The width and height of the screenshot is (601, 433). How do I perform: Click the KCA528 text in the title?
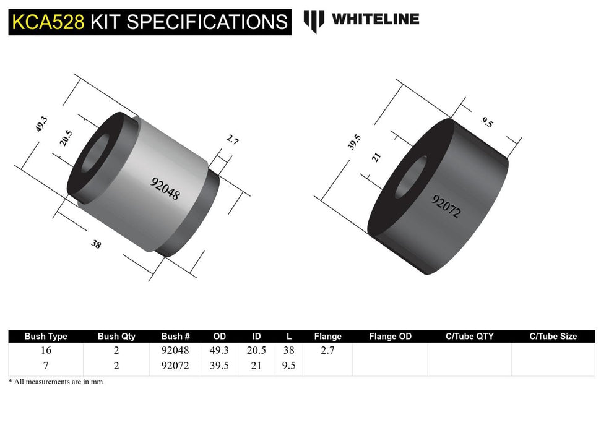tap(48, 22)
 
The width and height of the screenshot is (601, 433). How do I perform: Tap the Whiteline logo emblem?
tap(314, 20)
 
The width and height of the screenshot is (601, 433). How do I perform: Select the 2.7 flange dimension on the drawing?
tap(232, 140)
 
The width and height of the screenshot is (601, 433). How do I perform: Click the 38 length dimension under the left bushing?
tap(96, 244)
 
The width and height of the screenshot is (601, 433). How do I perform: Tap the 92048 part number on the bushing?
tap(165, 188)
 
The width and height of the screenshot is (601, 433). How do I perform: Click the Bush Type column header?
tap(46, 337)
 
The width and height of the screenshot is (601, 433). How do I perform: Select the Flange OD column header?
tap(390, 337)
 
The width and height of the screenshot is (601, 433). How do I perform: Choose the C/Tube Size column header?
tap(553, 337)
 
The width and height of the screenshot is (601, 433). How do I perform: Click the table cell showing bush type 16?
tap(46, 350)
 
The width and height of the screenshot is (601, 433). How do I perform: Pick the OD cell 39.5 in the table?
tap(220, 366)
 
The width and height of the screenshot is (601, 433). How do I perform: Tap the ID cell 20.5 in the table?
tap(257, 350)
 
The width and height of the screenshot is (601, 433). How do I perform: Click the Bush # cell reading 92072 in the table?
tap(176, 366)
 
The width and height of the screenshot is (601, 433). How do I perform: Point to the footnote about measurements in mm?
tap(56, 382)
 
